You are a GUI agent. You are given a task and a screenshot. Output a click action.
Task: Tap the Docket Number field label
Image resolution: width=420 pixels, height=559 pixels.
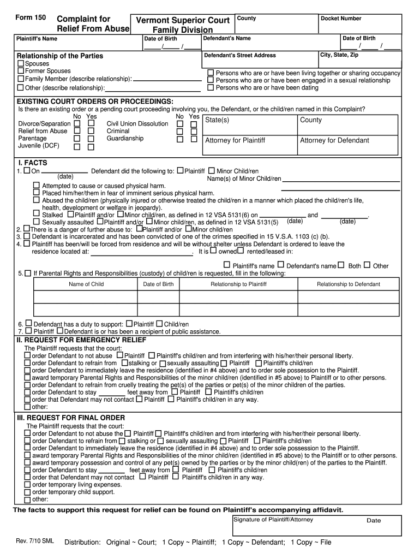pos(341,18)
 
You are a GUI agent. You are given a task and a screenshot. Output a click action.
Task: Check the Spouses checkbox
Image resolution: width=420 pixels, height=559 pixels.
pos(21,63)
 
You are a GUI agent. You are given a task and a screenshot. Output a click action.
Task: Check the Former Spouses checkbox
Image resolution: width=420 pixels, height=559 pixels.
pos(21,71)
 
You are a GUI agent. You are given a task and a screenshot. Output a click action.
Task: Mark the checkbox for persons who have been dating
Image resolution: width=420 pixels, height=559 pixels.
pos(211,87)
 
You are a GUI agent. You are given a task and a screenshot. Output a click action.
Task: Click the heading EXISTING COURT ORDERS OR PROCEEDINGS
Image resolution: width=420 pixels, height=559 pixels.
pos(95,102)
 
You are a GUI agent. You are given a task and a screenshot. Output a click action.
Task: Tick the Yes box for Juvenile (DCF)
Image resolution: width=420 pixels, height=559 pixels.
pos(91,147)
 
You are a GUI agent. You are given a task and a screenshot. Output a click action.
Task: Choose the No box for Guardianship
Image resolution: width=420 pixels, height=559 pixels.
pos(179,139)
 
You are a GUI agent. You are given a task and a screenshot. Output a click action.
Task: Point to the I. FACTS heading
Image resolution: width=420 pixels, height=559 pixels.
pos(33,163)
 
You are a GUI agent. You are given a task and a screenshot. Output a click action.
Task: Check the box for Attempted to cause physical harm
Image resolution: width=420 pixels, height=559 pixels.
pos(37,186)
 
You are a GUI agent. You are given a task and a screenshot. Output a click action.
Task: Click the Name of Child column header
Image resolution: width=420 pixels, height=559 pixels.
pos(86,284)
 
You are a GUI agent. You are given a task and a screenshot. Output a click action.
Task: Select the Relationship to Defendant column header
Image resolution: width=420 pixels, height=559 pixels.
pos(349,284)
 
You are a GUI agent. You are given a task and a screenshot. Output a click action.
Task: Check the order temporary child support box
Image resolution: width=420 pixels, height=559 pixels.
pos(28,492)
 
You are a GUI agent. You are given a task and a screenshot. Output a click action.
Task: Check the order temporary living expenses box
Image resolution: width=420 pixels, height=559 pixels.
pos(28,484)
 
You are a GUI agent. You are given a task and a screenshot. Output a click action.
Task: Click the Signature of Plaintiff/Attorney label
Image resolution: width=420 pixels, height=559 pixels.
pos(273,520)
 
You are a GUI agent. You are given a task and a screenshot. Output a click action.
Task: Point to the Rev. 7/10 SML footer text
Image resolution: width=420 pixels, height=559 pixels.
pos(35,542)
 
